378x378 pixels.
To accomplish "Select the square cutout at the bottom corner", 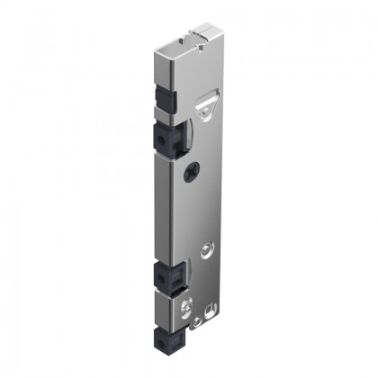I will tap(211, 310).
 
